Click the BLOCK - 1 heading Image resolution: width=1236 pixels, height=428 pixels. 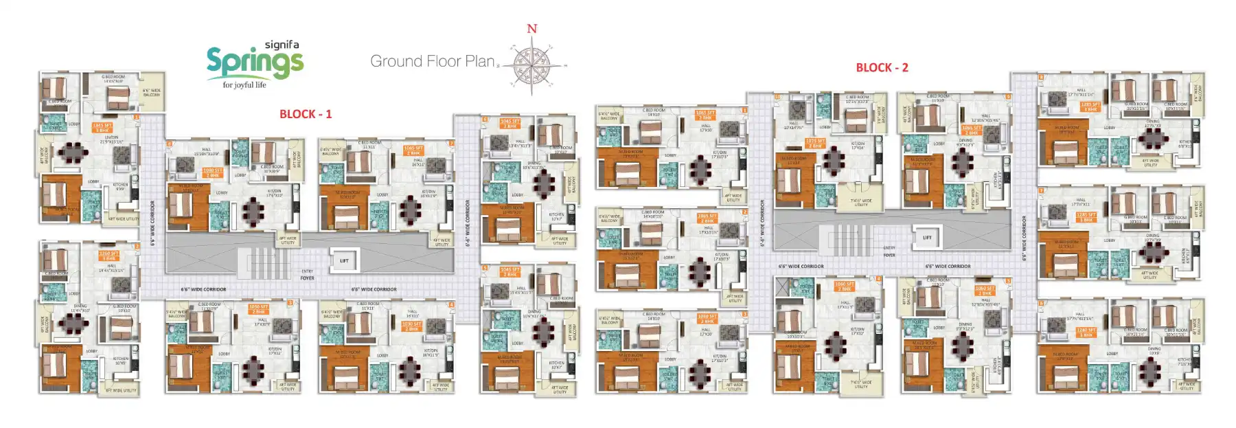coord(306,114)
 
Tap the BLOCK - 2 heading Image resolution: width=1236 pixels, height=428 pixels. coord(882,67)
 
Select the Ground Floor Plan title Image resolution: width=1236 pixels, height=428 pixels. coord(432,61)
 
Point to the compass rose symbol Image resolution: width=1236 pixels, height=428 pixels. coord(532,65)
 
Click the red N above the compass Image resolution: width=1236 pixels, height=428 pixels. coord(531,29)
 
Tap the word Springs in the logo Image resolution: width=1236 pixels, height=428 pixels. coord(255,63)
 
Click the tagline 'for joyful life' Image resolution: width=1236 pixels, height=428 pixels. coord(244,85)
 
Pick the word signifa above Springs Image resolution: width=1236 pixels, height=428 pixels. coord(282,45)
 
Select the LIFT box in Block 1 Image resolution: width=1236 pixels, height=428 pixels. coord(344,260)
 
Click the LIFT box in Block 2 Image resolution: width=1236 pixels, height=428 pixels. coord(927,237)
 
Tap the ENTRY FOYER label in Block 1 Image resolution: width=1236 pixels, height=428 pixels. coord(307,275)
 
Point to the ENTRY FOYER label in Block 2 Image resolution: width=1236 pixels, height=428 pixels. coord(889,251)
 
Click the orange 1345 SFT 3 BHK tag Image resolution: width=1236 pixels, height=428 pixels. coord(102,128)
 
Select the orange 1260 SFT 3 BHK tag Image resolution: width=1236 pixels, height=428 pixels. coord(108,256)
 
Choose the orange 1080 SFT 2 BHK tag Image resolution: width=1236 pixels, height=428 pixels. coord(212,172)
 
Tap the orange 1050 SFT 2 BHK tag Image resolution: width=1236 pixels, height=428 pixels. coord(259,309)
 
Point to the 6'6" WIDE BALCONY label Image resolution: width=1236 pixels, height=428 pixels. coord(151,92)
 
